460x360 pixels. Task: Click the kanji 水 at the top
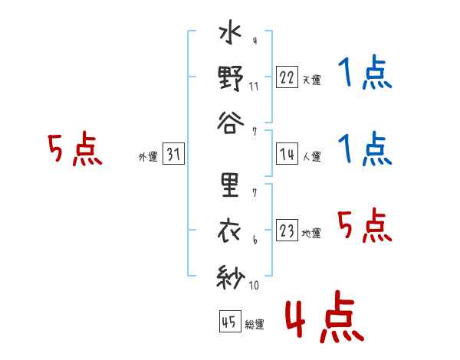[x=230, y=31]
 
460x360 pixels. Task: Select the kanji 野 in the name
[x=231, y=78]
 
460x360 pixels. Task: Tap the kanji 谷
[x=231, y=123]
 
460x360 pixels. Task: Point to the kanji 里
[x=230, y=185]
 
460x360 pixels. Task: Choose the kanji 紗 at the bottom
[x=231, y=277]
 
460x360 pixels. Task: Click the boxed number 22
[x=287, y=77]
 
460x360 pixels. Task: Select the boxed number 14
[x=287, y=154]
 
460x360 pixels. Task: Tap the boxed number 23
[x=287, y=230]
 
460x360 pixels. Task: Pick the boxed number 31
[x=173, y=154]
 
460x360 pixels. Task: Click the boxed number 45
[x=230, y=321]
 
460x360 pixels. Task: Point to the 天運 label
[x=312, y=80]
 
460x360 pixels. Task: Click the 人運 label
[x=312, y=156]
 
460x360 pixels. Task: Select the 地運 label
[x=311, y=234]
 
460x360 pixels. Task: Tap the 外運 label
[x=148, y=157]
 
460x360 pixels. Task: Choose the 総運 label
[x=255, y=324]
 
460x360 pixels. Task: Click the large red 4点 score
[x=325, y=316]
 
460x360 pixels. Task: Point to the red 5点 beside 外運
[x=75, y=149]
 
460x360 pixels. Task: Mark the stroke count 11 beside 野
[x=254, y=87]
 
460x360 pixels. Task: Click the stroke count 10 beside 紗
[x=254, y=285]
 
